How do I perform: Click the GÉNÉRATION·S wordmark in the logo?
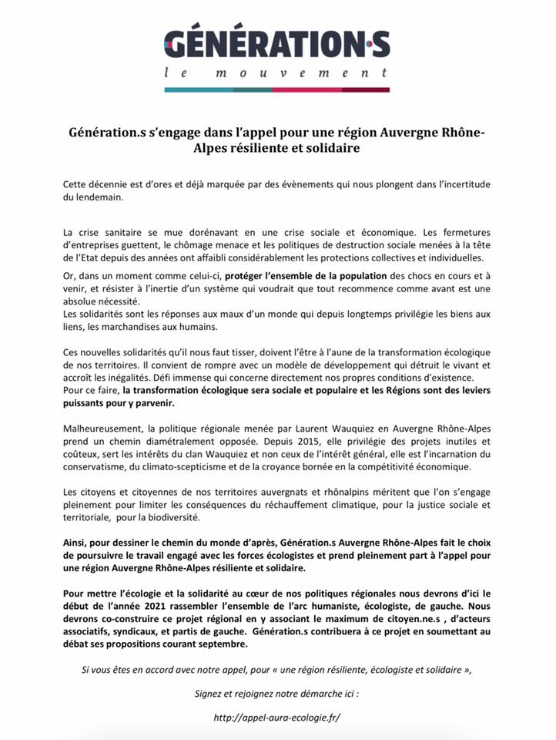(x=277, y=43)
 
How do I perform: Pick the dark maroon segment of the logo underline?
(x=365, y=90)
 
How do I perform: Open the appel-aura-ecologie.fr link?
(x=278, y=717)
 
